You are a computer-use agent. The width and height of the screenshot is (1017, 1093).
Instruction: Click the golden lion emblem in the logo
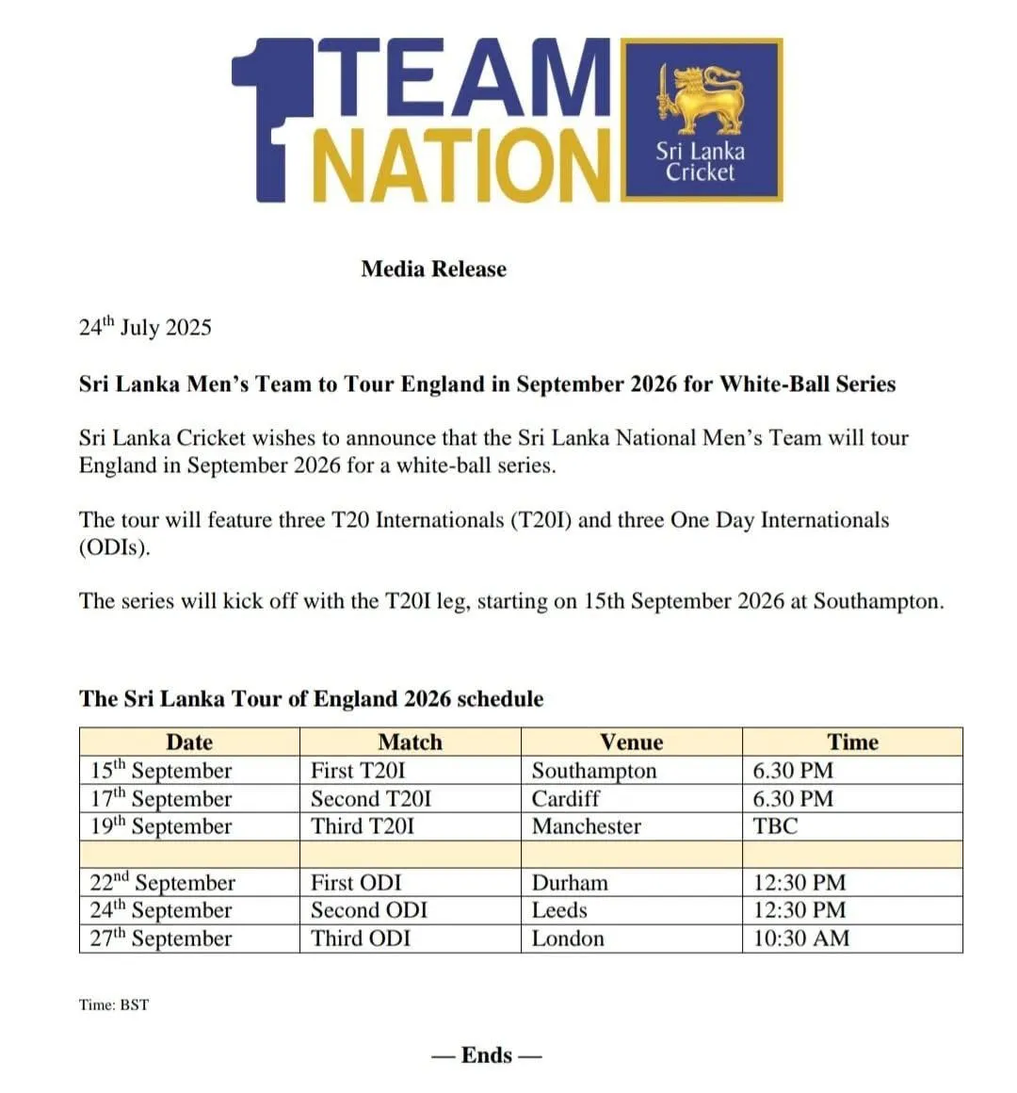tap(702, 98)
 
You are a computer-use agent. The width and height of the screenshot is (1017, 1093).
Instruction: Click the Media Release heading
tap(433, 269)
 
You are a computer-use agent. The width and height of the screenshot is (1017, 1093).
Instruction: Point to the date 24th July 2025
tap(145, 328)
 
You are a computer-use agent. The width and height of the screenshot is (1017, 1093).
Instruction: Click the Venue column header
tap(631, 742)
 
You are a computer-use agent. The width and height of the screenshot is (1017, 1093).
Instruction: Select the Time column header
tap(852, 742)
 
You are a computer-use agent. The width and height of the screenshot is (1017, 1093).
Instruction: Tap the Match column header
tap(410, 742)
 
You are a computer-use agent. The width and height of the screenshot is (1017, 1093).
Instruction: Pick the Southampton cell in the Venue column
tap(594, 771)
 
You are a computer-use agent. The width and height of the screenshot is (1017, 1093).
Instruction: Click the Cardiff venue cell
tap(565, 799)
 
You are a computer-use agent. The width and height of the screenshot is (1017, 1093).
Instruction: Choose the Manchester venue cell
tap(586, 826)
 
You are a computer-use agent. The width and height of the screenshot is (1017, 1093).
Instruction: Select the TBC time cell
tap(775, 826)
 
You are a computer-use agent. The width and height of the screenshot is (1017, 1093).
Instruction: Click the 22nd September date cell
tap(162, 883)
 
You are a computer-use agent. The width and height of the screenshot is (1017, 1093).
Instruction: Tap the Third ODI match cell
tap(361, 938)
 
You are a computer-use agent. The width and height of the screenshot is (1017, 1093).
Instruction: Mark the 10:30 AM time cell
tap(800, 938)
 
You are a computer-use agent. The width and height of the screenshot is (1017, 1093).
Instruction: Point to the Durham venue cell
tap(570, 883)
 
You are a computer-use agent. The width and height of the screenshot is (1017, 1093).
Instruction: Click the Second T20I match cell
tap(371, 799)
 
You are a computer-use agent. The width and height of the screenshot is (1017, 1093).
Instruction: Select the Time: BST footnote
tap(114, 1004)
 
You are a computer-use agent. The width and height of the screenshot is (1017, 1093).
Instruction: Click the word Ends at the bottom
tap(487, 1055)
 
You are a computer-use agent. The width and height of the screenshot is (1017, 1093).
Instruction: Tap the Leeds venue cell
tap(559, 910)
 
